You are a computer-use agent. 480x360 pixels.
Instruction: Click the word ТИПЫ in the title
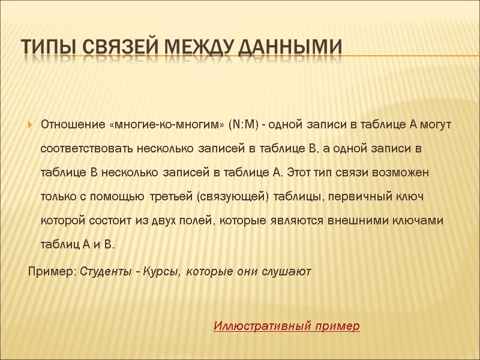(47, 46)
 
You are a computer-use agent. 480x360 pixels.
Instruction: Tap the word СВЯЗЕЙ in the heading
(124, 46)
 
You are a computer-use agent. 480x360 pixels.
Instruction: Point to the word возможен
(399, 173)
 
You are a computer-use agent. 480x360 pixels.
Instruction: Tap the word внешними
(355, 221)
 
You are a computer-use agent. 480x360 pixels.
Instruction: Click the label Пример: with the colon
(52, 272)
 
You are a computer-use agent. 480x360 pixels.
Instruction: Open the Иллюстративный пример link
(287, 326)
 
